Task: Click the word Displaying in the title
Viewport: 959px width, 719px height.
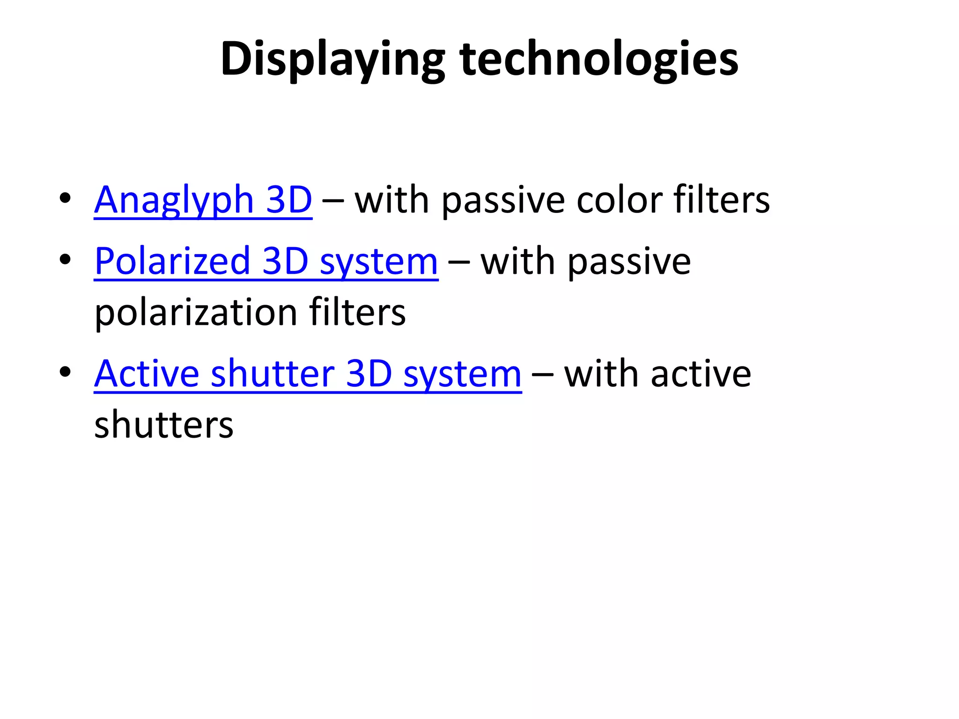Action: [x=332, y=60]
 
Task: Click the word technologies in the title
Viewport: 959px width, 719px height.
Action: [x=599, y=60]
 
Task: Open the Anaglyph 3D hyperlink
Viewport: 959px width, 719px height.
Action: [x=203, y=200]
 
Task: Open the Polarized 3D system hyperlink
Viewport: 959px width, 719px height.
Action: [x=266, y=262]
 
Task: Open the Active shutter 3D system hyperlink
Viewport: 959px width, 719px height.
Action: [x=308, y=374]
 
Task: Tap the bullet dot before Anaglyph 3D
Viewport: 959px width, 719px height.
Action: [x=65, y=198]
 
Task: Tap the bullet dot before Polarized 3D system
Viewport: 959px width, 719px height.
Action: [x=65, y=259]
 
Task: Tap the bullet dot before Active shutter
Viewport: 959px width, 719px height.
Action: [x=65, y=372]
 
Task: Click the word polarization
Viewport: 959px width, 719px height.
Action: [x=196, y=313]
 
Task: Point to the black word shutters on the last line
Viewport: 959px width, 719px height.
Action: [x=163, y=425]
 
